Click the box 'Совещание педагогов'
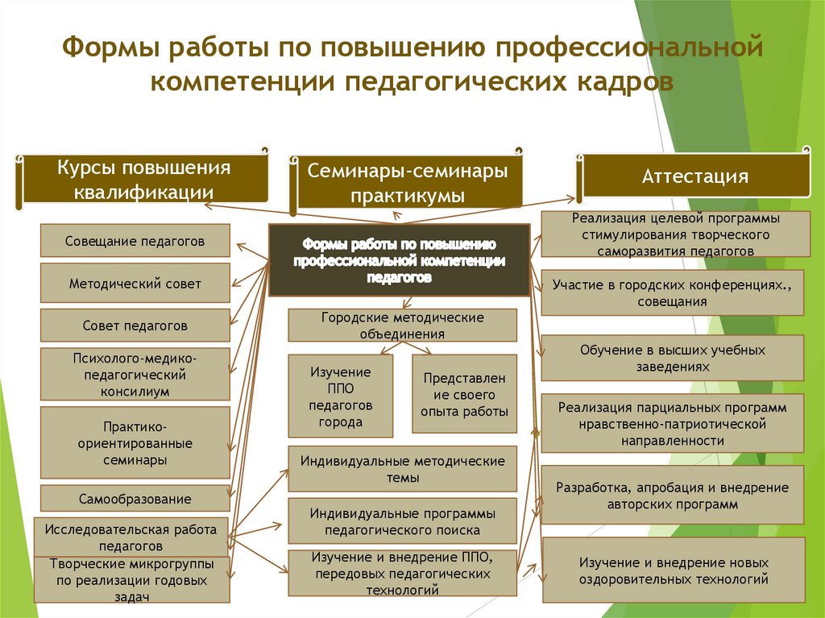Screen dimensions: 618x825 (135, 240)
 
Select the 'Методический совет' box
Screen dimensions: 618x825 (135, 284)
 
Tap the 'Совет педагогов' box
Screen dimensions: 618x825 (135, 326)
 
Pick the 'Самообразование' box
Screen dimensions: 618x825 (135, 499)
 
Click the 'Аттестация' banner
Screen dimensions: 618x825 (695, 176)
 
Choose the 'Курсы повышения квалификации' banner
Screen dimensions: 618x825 (143, 180)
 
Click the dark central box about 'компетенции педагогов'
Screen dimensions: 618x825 (399, 260)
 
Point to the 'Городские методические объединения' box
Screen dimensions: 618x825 (403, 326)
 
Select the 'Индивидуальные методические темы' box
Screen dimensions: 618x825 (403, 469)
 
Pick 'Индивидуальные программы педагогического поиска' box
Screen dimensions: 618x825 (403, 521)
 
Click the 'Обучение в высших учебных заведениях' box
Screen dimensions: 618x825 (672, 358)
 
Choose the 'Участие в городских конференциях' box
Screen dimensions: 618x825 (672, 293)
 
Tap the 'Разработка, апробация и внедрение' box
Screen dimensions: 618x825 (672, 496)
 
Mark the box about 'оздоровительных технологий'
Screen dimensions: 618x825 (672, 570)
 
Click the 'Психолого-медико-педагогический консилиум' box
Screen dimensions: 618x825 (135, 374)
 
